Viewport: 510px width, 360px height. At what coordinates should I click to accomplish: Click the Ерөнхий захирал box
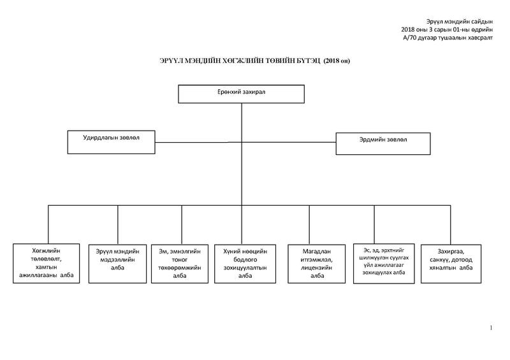242,94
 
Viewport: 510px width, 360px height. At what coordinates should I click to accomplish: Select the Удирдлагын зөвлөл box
111,142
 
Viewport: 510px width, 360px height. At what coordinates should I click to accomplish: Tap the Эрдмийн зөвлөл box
383,143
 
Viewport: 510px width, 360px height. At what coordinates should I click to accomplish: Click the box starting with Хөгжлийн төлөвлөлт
46,263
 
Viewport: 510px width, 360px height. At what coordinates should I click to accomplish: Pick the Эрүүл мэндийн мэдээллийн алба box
117,264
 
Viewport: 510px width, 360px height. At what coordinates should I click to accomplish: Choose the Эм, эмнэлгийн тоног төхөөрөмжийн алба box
180,264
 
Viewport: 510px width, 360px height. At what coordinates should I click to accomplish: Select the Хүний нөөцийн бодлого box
245,264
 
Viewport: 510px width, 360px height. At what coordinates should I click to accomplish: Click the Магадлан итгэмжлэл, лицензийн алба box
316,264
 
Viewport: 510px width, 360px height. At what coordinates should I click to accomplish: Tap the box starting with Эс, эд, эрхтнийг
384,263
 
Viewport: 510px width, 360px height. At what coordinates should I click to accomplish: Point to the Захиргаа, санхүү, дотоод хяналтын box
451,264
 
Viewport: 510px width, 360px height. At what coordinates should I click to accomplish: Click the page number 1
491,328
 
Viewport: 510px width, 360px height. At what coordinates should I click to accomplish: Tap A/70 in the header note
410,38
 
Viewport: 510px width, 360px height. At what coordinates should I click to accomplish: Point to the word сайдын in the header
482,22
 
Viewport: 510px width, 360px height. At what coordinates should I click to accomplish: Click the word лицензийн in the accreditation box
316,268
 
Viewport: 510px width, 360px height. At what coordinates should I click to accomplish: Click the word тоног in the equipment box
180,260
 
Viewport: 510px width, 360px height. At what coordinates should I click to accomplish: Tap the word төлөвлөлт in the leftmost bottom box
46,259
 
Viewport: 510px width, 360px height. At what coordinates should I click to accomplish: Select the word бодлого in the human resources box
245,260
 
